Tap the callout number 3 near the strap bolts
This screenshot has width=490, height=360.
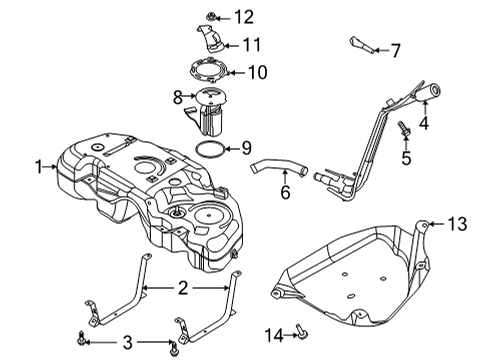pos(128,343)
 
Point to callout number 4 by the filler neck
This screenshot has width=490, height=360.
pos(425,124)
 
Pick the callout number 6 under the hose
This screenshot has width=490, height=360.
pos(286,192)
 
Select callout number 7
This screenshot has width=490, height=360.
pos(394,48)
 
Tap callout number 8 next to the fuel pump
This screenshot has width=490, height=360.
pos(179,98)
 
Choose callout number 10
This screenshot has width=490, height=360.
pos(257,71)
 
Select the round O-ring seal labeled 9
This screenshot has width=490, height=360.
pos(209,150)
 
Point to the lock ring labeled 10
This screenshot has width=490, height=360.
pos(210,71)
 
